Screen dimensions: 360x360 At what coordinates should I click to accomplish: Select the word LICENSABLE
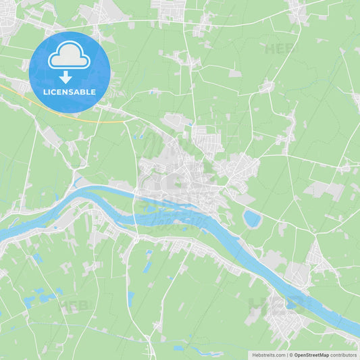(69, 92)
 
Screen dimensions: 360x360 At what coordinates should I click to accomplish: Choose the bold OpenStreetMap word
(311, 355)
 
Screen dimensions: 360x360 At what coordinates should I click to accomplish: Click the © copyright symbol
(291, 355)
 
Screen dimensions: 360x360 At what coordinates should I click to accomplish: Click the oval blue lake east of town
(252, 218)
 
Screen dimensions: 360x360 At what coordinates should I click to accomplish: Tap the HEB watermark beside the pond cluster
(75, 305)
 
